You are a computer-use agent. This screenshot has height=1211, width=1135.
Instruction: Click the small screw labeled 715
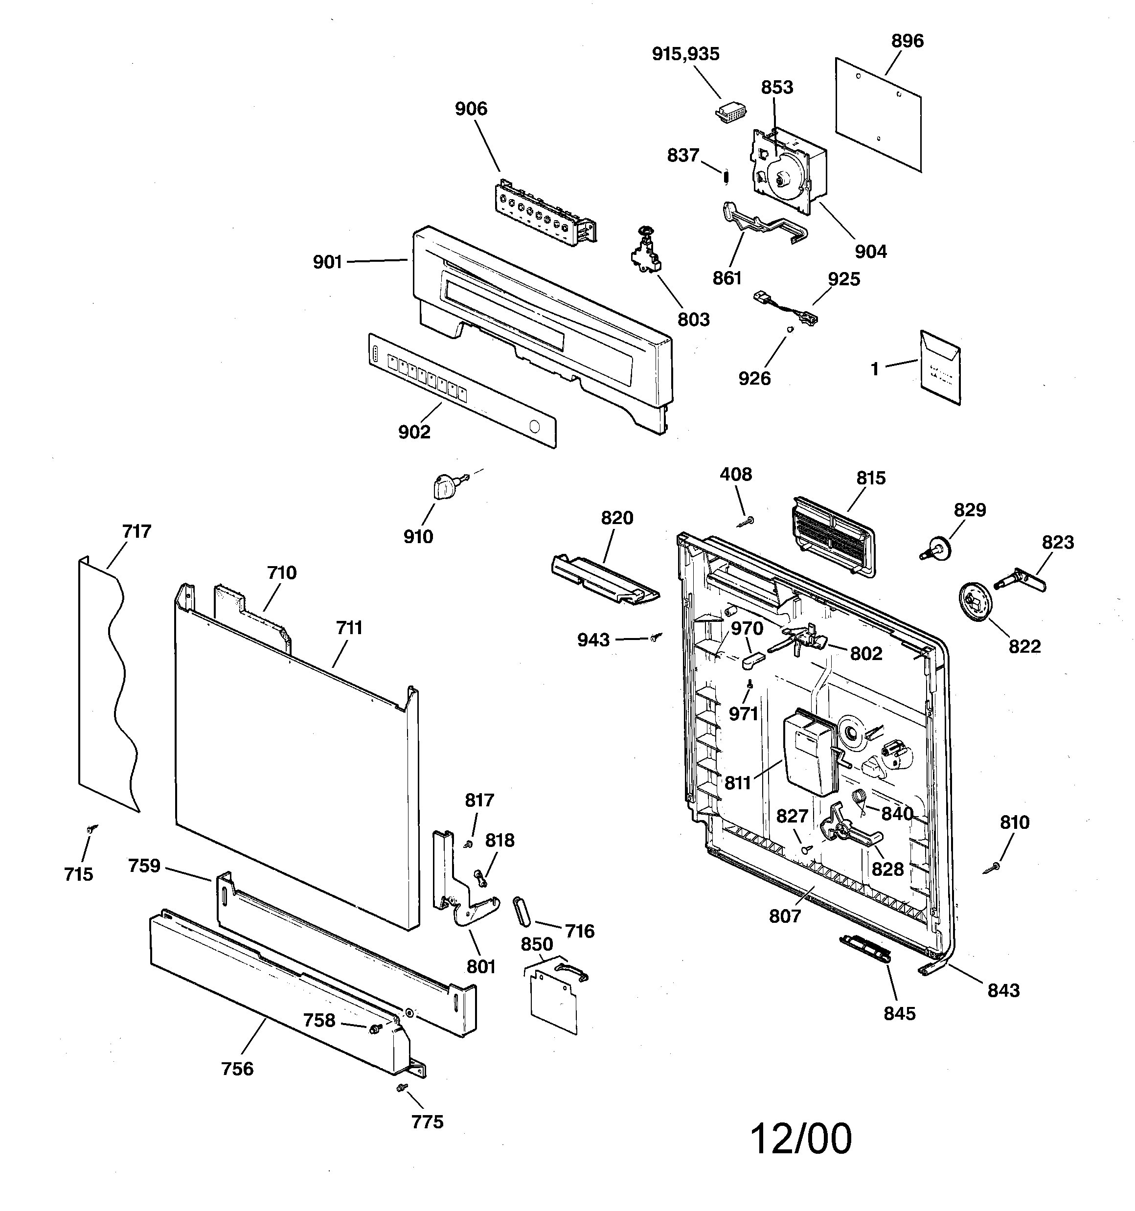(x=92, y=829)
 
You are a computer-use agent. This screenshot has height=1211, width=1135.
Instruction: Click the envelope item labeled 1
(x=940, y=368)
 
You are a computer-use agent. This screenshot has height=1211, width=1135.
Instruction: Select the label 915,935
(x=685, y=54)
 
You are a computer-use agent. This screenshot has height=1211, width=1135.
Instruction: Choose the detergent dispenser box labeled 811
(x=808, y=754)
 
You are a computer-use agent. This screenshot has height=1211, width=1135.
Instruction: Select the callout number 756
(x=237, y=1069)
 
